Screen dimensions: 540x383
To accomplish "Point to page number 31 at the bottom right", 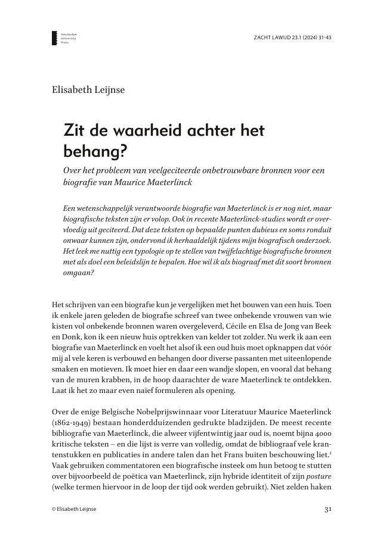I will click(328, 510).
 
